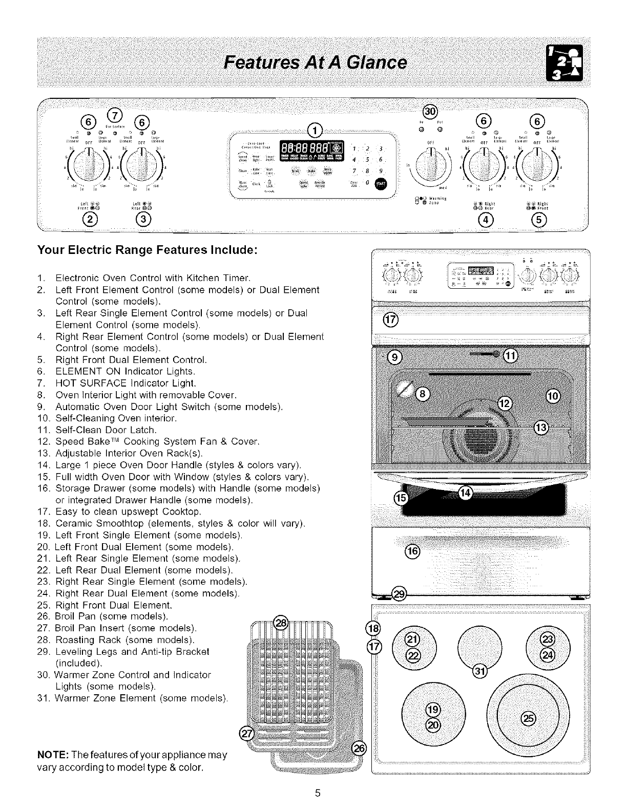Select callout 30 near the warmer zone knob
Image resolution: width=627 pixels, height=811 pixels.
click(x=430, y=112)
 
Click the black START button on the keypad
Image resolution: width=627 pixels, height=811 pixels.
click(x=382, y=184)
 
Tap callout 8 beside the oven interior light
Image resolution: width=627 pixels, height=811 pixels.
click(x=423, y=393)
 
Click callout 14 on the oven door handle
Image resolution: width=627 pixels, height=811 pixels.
click(x=466, y=493)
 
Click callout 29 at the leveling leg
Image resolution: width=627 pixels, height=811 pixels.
click(x=399, y=594)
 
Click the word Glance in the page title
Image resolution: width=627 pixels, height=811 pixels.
click(x=377, y=63)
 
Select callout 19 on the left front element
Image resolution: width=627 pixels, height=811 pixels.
click(x=433, y=710)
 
